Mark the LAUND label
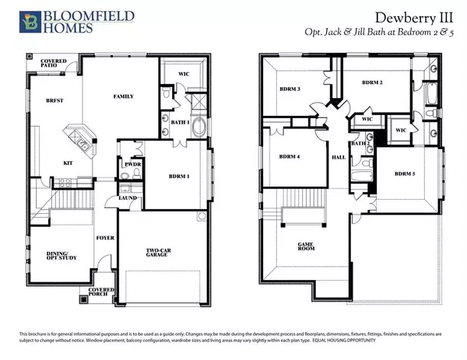[x=128, y=198]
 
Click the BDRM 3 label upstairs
[x=290, y=89]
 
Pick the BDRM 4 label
[x=290, y=156]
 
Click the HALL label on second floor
[x=339, y=156]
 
